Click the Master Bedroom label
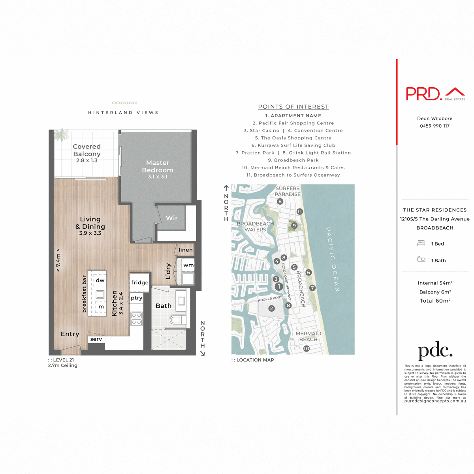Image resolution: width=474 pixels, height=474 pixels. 158,166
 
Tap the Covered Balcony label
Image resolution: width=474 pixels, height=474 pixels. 87,150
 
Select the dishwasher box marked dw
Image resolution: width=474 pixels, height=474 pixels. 100,280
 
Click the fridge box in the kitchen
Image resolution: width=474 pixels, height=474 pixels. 140,282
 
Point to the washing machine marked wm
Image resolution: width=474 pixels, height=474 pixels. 188,265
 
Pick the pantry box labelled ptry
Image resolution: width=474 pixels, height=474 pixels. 137,298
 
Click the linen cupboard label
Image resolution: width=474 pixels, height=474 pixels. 186,250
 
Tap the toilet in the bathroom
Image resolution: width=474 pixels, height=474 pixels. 176,320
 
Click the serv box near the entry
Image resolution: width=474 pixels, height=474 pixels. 96,339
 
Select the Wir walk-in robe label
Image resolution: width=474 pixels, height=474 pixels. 172,218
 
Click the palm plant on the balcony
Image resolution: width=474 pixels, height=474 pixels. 62,135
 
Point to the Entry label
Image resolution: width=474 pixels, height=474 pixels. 70,334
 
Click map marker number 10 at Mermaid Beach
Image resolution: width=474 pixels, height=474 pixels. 307,348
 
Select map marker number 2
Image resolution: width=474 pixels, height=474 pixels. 271,308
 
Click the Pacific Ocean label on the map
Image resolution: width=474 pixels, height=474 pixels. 333,259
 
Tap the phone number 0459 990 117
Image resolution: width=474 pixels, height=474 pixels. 434,126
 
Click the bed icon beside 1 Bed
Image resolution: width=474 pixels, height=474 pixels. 421,243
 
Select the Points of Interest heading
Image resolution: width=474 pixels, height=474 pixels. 293,107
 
